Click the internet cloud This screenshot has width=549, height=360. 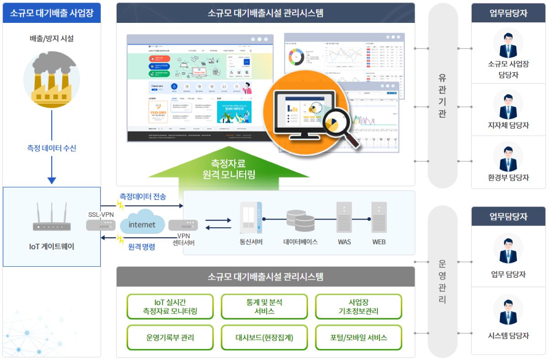point(142,223)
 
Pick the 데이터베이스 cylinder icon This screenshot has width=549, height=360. point(301,220)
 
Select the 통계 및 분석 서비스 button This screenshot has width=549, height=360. point(264,307)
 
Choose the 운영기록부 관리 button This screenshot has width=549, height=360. point(170,338)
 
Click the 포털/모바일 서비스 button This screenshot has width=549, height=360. point(358,338)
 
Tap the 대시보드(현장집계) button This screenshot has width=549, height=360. point(264,338)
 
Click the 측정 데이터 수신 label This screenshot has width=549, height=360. point(52,148)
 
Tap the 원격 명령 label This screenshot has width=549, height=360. point(141,247)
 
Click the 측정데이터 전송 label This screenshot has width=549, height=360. point(143,196)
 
